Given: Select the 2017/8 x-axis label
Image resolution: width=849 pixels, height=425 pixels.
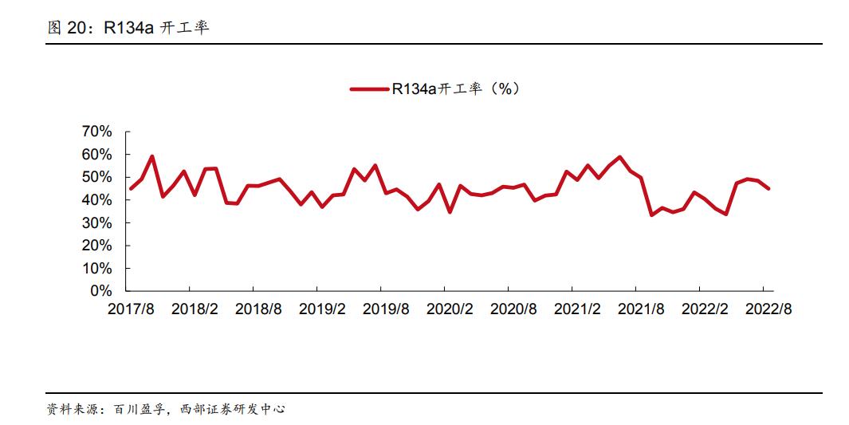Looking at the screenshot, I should [131, 309].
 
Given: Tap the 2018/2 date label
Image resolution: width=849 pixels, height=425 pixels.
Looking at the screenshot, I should [195, 309].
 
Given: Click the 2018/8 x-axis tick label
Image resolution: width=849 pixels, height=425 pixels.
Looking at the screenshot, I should [258, 309].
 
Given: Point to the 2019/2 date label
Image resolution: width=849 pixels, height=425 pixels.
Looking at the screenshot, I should [322, 309].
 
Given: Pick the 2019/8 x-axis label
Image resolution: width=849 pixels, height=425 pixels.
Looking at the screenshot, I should [386, 309].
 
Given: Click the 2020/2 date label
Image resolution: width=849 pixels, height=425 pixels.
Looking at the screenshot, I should [450, 309].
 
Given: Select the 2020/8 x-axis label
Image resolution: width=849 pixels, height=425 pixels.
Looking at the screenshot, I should [513, 309].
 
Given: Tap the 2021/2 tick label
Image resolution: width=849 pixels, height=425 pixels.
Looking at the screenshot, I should [577, 309].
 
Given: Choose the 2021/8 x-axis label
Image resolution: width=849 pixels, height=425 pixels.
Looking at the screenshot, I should [641, 309].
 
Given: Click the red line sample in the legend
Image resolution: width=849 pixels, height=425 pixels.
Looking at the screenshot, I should [369, 89].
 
